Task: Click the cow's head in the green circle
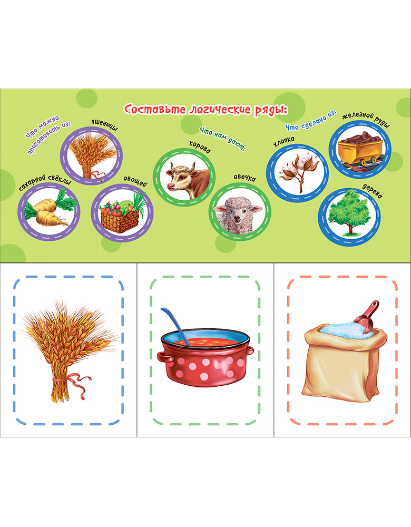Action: coord(181,178)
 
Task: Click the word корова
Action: coord(200,147)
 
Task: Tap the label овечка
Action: coord(244,178)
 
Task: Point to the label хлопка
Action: coord(283,141)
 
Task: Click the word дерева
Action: coord(372,192)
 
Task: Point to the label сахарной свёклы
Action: coord(45,182)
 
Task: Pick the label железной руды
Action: coord(366,120)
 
